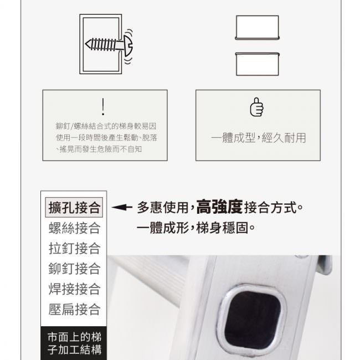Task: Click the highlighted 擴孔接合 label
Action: click(74, 207)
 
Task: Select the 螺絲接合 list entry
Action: click(75, 228)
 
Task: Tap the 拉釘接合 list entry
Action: click(75, 248)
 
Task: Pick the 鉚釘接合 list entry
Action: click(75, 269)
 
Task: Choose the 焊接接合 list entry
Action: click(75, 289)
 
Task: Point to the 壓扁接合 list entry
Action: click(75, 309)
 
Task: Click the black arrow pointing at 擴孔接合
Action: click(122, 207)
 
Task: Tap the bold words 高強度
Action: click(219, 207)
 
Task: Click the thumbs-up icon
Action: click(256, 107)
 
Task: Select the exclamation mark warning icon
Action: click(103, 107)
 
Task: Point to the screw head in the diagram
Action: click(128, 45)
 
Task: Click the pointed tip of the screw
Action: click(86, 44)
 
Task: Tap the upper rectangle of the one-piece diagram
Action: click(257, 27)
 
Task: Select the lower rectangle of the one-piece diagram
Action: click(257, 64)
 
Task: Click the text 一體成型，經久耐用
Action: click(258, 138)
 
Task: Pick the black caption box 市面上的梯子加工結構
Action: click(74, 343)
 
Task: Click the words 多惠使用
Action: click(163, 207)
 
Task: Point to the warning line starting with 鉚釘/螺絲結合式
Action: click(106, 126)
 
